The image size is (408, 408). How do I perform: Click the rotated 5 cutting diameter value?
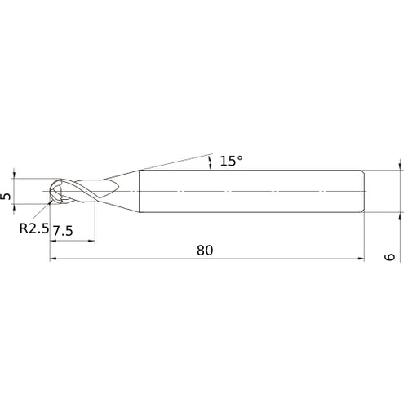click(7, 197)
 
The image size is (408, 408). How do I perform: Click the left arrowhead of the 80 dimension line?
click(54, 259)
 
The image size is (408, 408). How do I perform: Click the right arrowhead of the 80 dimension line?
click(360, 259)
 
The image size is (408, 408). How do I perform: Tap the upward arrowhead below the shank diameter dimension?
click(401, 217)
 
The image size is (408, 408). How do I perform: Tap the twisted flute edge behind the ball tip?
click(78, 193)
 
